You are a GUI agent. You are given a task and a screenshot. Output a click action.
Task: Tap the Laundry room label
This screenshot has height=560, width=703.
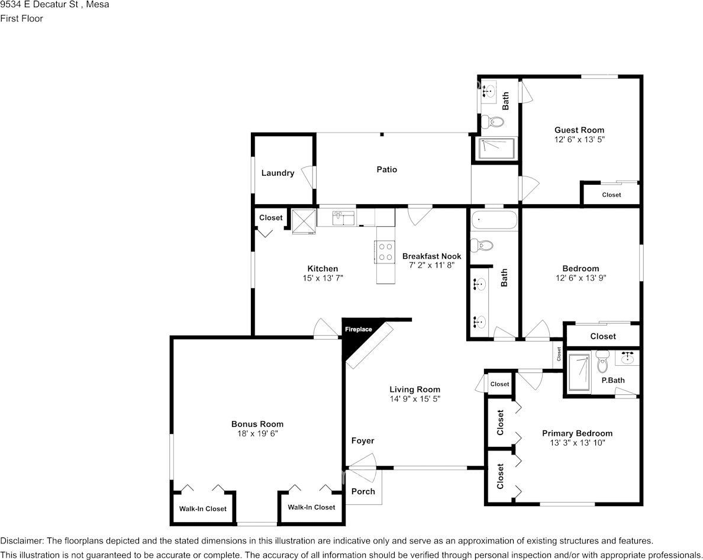(278, 173)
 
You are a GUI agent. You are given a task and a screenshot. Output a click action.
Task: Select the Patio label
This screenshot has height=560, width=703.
(387, 169)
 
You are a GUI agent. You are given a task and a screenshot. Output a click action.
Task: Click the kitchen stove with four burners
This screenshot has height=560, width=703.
(385, 252)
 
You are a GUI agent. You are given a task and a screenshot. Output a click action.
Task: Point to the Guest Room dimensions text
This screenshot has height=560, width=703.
(579, 140)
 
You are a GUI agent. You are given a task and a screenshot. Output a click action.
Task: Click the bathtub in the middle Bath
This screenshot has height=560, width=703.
(494, 220)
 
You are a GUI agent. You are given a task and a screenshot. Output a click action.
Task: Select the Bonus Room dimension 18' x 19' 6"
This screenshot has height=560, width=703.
(257, 433)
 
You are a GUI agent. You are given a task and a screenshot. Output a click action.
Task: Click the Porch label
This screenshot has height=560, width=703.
(363, 491)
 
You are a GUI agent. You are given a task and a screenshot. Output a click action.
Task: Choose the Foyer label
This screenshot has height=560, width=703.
(363, 440)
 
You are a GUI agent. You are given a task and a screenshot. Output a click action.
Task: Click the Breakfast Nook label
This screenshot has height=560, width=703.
(431, 256)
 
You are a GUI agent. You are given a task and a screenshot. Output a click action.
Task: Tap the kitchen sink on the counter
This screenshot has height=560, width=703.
(338, 217)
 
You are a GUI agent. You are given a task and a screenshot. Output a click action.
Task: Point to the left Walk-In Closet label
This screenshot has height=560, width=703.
(203, 508)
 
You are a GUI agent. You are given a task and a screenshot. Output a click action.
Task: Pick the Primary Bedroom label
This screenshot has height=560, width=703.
(577, 433)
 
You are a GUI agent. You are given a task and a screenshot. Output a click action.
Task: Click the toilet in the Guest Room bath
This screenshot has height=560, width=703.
(492, 123)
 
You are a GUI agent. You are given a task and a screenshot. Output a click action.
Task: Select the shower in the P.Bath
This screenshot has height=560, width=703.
(579, 373)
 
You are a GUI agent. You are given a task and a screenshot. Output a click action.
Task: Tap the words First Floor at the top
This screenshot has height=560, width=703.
(22, 18)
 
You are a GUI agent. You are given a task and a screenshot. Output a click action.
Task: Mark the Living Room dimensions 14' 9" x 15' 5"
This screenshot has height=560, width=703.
(415, 399)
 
